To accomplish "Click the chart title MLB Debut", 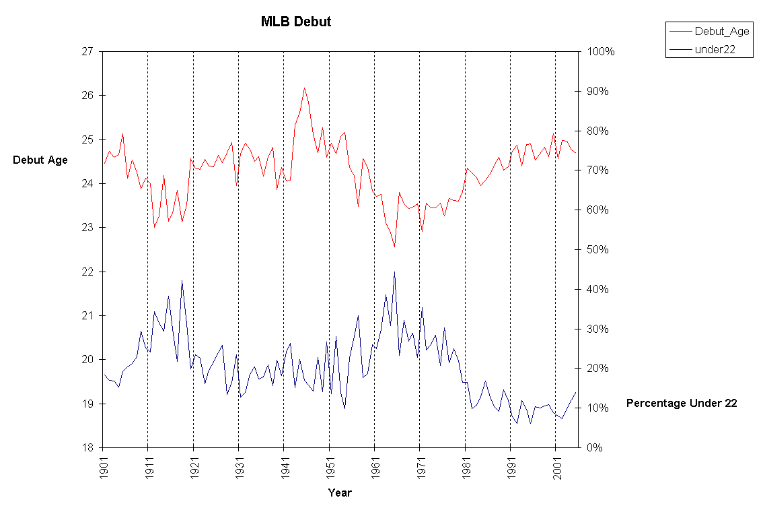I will tap(296, 22).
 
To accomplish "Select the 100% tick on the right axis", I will tap(600, 51).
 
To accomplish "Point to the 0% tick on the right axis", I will tap(595, 447).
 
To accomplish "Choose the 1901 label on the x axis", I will tap(103, 466).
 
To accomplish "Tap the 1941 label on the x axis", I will tap(284, 466).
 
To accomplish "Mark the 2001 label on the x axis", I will tap(556, 466).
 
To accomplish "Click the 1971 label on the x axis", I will tap(420, 466).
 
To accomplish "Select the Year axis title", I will tap(340, 493).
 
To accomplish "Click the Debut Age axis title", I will tap(40, 160).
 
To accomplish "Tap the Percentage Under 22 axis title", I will tap(682, 403).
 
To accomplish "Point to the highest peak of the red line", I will tap(304, 88).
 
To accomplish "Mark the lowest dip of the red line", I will tap(395, 247).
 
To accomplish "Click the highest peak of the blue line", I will tap(394, 272).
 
